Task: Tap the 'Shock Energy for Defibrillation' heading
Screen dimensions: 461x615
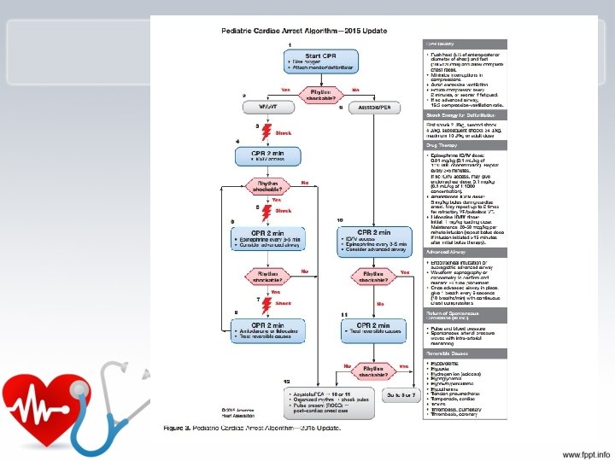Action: click(461, 114)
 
